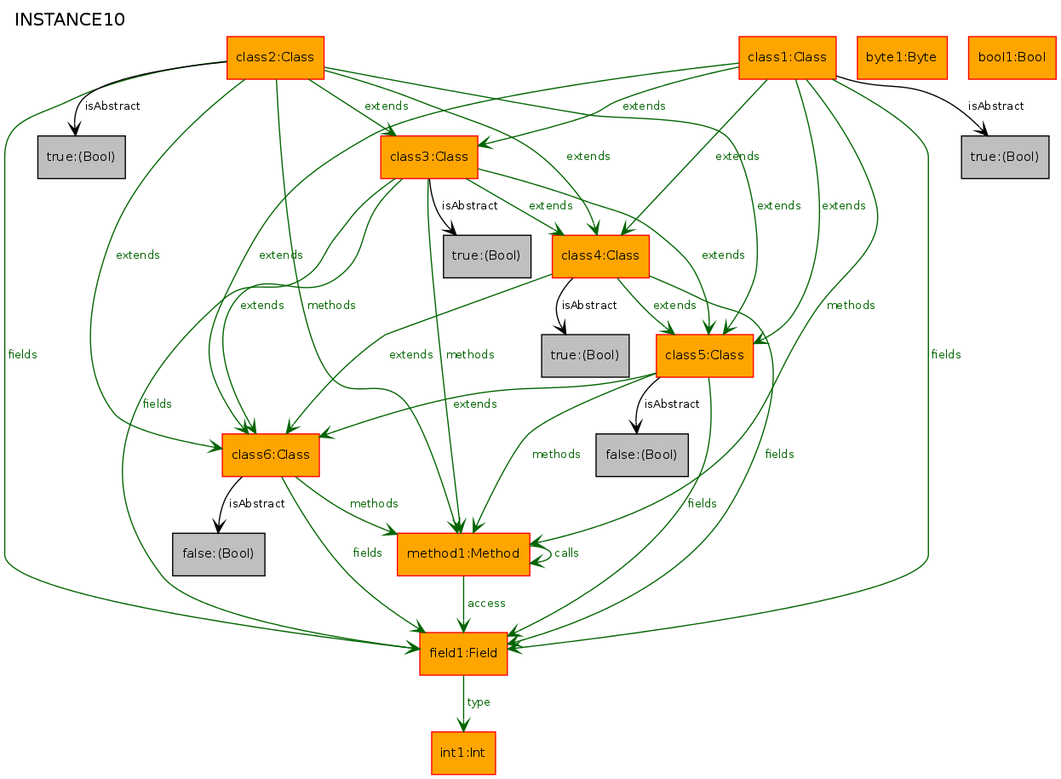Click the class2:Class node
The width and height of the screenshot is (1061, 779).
coord(276,58)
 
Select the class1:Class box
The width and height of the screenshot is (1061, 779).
coord(788,58)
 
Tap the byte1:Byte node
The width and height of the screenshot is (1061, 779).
coord(902,58)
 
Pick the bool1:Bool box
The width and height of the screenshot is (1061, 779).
coord(1012,58)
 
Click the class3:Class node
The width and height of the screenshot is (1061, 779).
coord(430,158)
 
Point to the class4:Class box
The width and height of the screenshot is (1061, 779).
coord(600,256)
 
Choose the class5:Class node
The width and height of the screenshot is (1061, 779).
coord(705,356)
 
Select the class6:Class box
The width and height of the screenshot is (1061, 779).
coord(271,455)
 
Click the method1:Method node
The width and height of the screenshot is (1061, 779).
coord(464,554)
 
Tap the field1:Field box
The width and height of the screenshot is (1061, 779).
coord(464,654)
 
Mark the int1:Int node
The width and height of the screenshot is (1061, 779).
coord(464,753)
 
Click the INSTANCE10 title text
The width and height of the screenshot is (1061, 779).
coord(70,20)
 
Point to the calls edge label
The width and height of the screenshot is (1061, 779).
coord(567,553)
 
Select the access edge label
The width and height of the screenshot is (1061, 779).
coord(486,604)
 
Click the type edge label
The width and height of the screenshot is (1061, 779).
coord(479,702)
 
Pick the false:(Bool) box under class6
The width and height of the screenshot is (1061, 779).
coord(219,554)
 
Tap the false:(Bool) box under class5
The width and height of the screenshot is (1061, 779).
coord(642,455)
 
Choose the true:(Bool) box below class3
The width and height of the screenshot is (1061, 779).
coord(487,256)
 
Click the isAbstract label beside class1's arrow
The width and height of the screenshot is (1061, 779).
coord(995,106)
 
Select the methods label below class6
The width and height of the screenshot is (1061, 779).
coord(374,503)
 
